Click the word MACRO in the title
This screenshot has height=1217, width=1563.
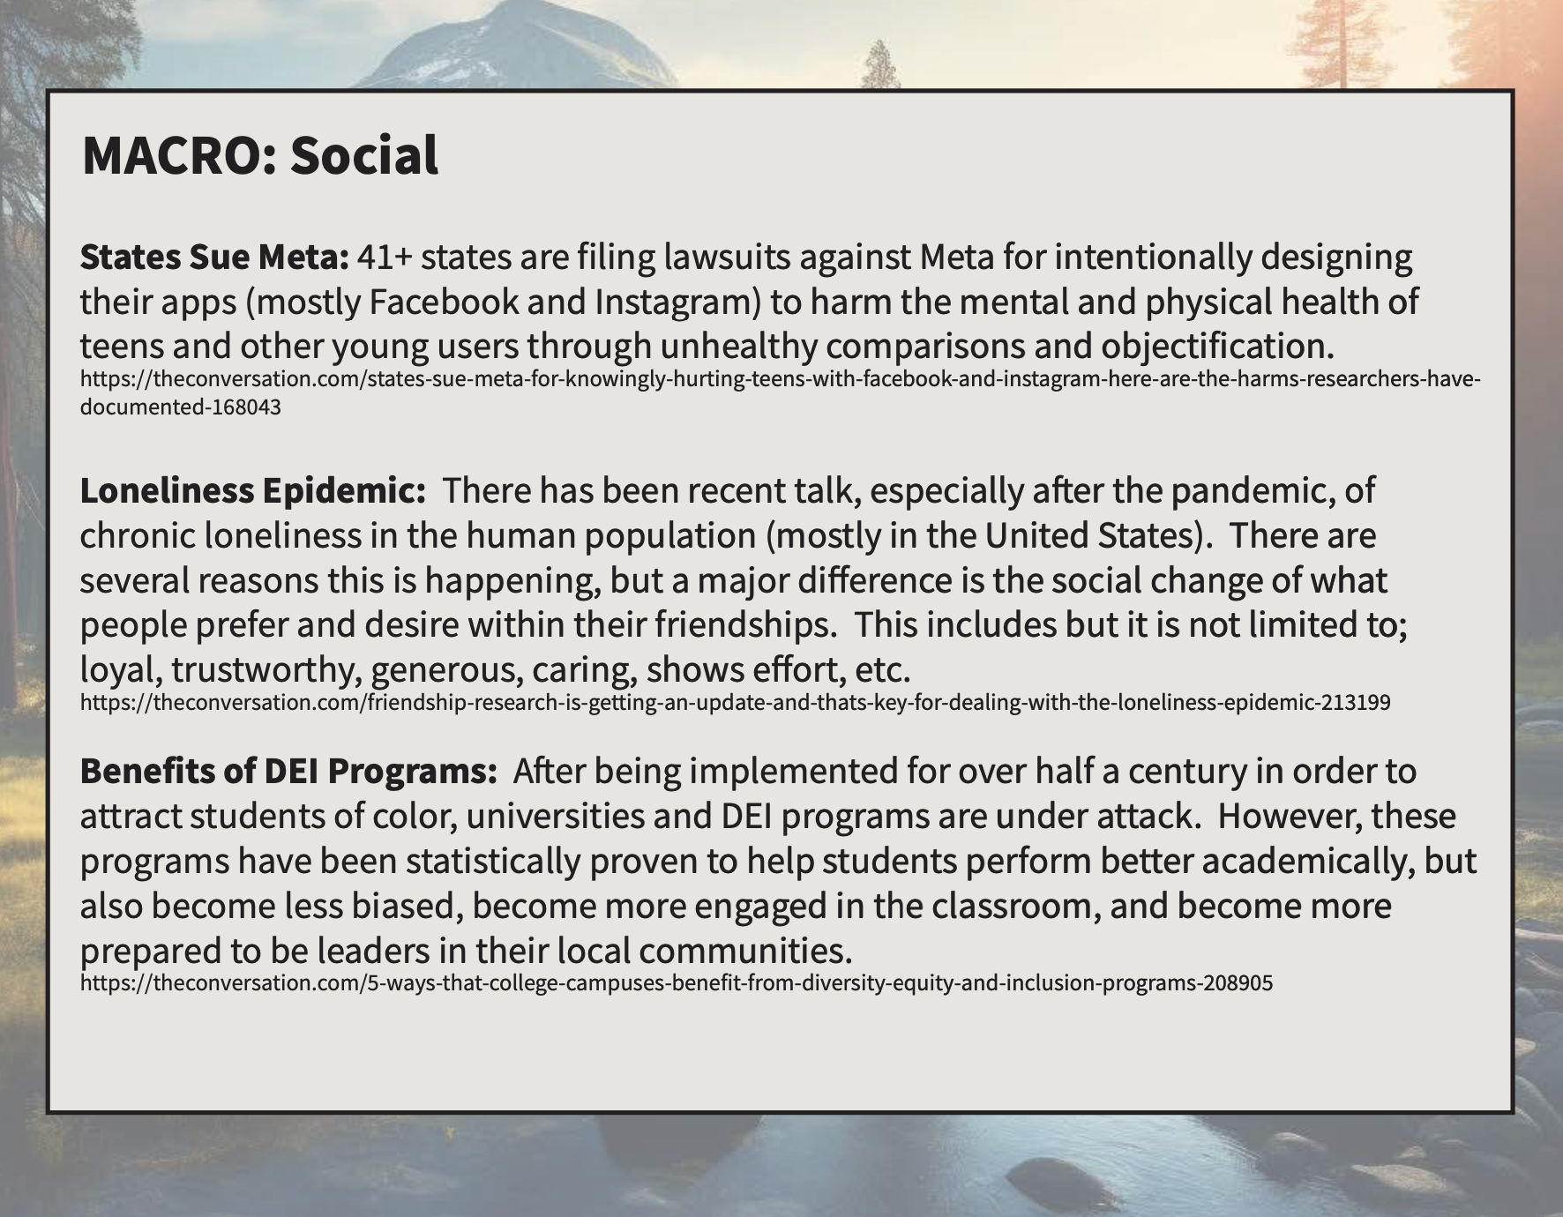tap(173, 156)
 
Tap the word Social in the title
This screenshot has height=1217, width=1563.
tap(364, 156)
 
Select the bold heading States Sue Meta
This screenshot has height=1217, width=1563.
tap(215, 257)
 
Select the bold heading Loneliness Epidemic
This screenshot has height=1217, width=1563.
tap(253, 490)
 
